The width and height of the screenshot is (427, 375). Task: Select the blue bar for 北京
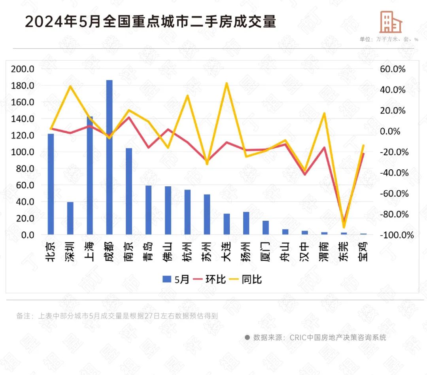pyautogui.click(x=51, y=184)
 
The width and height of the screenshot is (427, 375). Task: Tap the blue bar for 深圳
pyautogui.click(x=70, y=218)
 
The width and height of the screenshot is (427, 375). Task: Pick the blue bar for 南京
pyautogui.click(x=128, y=191)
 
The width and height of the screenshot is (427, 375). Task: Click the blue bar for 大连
pyautogui.click(x=227, y=224)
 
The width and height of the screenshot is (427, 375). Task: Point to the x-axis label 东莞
pyautogui.click(x=344, y=251)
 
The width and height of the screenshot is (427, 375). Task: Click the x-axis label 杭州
pyautogui.click(x=187, y=251)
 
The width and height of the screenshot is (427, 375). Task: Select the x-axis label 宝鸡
pyautogui.click(x=363, y=251)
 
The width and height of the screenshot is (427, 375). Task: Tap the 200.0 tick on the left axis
pyautogui.click(x=23, y=69)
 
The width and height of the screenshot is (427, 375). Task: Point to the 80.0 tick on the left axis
pyautogui.click(x=25, y=169)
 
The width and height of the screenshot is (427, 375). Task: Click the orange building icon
pyautogui.click(x=391, y=22)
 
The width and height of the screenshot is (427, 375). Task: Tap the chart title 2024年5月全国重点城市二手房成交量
pyautogui.click(x=150, y=22)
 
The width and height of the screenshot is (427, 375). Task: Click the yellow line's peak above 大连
pyautogui.click(x=227, y=83)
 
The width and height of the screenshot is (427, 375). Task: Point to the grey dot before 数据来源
pyautogui.click(x=247, y=337)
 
